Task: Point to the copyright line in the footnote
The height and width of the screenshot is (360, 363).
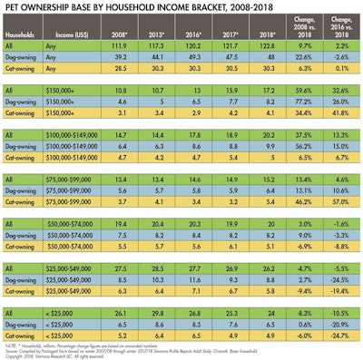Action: point(54,355)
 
